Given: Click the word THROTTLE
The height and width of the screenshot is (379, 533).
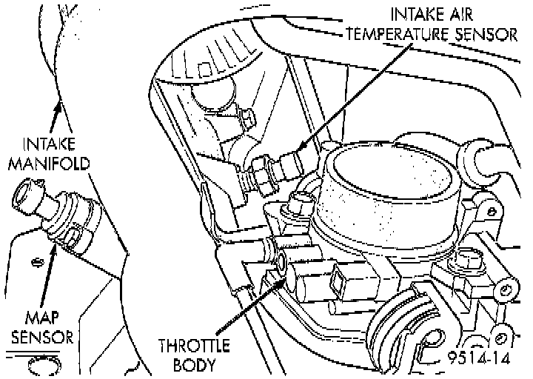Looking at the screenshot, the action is tap(195, 346).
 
